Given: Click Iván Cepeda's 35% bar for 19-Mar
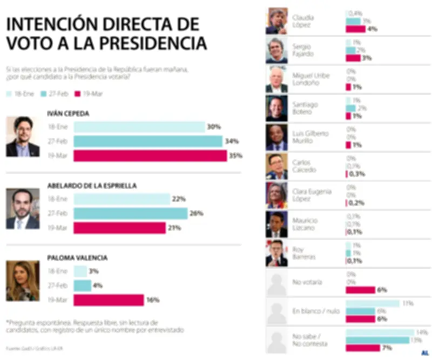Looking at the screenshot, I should pyautogui.click(x=150, y=156).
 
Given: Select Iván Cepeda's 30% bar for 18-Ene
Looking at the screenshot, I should pyautogui.click(x=139, y=127).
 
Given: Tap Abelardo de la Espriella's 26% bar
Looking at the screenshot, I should pyautogui.click(x=130, y=214).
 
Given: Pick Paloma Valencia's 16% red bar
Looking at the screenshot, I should pyautogui.click(x=109, y=300).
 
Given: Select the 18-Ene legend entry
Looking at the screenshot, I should pyautogui.click(x=20, y=94).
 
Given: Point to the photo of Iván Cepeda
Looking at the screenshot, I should pyautogui.click(x=23, y=137).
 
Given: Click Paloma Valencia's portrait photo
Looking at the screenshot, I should pyautogui.click(x=23, y=281).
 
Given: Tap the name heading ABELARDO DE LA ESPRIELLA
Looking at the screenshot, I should pyautogui.click(x=92, y=185).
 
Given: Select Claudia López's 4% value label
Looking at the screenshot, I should pyautogui.click(x=372, y=29).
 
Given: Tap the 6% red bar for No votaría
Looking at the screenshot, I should pyautogui.click(x=360, y=290).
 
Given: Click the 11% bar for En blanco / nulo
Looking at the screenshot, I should pyautogui.click(x=372, y=303).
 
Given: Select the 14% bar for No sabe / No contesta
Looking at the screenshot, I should pyautogui.click(x=380, y=332).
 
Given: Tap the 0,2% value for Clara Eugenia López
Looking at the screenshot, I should pyautogui.click(x=356, y=203).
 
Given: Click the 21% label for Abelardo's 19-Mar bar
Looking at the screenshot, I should pyautogui.click(x=174, y=228).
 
